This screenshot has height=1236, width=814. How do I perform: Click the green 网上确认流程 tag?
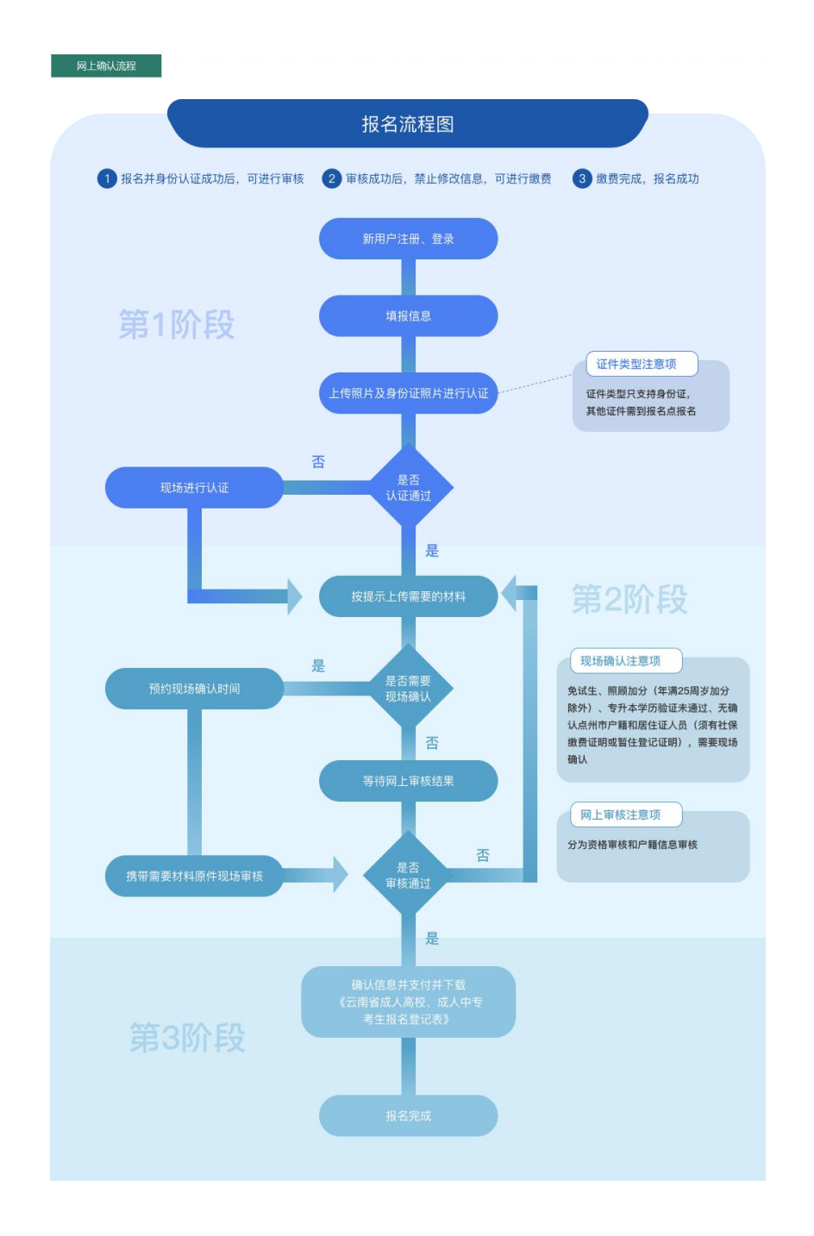[106, 66]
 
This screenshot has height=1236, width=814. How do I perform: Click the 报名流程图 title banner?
[407, 124]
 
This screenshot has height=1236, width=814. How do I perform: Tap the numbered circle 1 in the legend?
[107, 178]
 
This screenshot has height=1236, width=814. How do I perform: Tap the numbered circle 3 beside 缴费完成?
[582, 178]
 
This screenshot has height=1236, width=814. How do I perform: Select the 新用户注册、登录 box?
[408, 239]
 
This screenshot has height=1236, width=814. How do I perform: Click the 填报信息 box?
[408, 316]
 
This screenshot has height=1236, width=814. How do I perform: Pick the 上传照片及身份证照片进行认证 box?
[408, 393]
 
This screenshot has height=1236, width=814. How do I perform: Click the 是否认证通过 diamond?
[408, 488]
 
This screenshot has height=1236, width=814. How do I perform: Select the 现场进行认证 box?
[194, 488]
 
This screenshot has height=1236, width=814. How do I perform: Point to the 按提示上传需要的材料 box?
[408, 596]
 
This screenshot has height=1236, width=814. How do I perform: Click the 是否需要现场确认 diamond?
[408, 689]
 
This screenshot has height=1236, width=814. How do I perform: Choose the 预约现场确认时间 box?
[194, 689]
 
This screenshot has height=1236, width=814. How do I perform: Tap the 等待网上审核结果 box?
[408, 781]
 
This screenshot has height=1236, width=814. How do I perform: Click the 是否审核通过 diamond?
[408, 876]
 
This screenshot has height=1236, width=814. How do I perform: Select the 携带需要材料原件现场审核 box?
[194, 876]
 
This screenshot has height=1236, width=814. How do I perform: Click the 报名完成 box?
[408, 1115]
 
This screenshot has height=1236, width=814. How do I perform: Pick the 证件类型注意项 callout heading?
[636, 364]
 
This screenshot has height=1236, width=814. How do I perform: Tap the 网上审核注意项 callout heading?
[621, 815]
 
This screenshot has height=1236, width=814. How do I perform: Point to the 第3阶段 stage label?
[187, 1038]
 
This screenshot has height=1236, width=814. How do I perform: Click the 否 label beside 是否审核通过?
[483, 855]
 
